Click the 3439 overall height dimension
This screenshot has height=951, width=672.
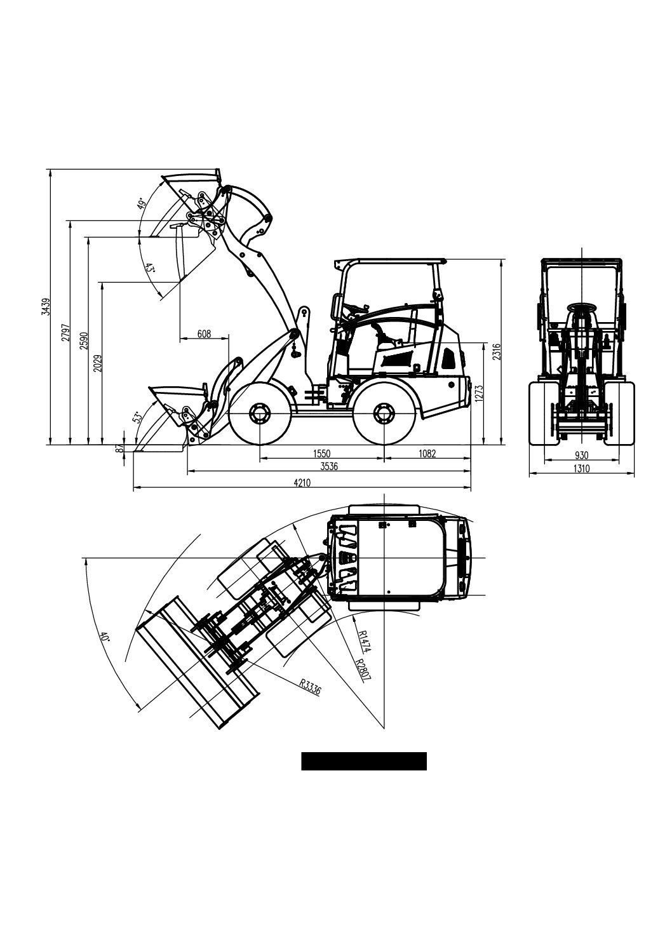[x=46, y=307]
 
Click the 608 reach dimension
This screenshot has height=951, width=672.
[x=204, y=334]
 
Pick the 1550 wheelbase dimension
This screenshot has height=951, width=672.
[x=321, y=454]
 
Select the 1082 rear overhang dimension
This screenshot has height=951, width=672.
[x=427, y=454]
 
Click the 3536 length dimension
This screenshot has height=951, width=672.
[x=329, y=466]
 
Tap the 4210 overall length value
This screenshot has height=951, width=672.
[x=302, y=483]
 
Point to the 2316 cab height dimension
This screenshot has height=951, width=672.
[x=497, y=351]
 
